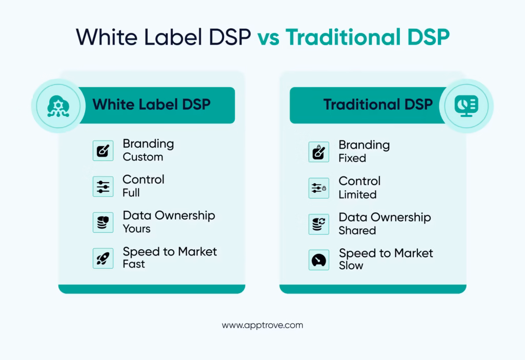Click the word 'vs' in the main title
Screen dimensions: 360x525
[269, 37]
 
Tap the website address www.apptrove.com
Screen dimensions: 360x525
[262, 325]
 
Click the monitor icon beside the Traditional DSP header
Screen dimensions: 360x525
[466, 106]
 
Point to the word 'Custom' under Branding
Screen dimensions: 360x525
[143, 157]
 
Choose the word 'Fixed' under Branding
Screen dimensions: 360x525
[352, 158]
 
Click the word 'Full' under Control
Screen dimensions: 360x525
[131, 193]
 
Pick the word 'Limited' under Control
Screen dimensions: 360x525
[357, 194]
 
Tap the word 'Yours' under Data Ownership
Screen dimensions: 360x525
[136, 229]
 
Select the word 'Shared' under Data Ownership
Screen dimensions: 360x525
[357, 230]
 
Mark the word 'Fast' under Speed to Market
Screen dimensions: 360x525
[133, 264]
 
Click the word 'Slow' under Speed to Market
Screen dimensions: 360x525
[351, 266]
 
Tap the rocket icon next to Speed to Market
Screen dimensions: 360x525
[103, 258]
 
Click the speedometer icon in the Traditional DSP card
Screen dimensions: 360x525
[319, 259]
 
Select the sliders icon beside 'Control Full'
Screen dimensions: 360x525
[103, 187]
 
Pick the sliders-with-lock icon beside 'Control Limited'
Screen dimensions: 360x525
[319, 188]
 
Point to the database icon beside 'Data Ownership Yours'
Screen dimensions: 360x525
[103, 223]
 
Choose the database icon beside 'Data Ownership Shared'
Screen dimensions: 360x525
[319, 224]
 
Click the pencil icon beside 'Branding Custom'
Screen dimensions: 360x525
[103, 151]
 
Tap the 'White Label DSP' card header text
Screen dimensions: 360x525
[151, 105]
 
